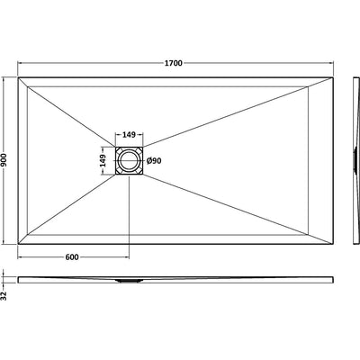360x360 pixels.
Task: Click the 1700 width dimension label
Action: click(174, 63)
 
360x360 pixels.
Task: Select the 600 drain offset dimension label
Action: click(72, 257)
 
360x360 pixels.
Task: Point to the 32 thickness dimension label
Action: click(4, 296)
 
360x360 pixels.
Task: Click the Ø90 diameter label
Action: click(154, 161)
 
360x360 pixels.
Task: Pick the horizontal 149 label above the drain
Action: click(129, 135)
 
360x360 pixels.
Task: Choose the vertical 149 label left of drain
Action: click(103, 161)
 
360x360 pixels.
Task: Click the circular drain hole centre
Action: click(129, 161)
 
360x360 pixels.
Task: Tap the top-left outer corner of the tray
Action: click(18, 77)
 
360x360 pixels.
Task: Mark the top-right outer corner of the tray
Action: click(333, 77)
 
